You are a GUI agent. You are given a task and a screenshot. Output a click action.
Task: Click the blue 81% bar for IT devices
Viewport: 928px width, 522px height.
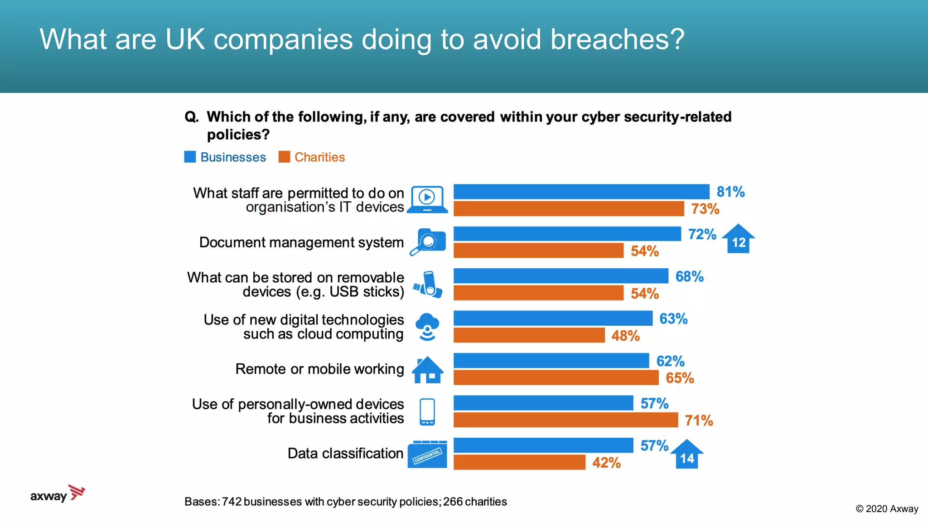tap(581, 192)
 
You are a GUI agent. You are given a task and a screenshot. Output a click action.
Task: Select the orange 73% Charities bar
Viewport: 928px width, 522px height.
tap(568, 209)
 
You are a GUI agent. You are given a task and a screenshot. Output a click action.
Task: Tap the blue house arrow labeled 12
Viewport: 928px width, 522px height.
tap(738, 239)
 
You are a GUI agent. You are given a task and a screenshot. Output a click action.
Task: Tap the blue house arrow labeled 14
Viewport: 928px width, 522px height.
tap(686, 455)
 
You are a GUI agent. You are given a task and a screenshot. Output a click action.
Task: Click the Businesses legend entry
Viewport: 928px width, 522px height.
tap(225, 157)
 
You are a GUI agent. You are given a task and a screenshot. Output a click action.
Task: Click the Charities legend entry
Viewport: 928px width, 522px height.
tap(312, 157)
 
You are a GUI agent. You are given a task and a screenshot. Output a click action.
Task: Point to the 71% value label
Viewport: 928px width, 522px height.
tap(698, 420)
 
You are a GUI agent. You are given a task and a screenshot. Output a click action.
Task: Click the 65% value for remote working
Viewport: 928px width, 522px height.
tap(679, 378)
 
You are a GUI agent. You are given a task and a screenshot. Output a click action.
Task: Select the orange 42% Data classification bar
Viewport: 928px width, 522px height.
tap(519, 463)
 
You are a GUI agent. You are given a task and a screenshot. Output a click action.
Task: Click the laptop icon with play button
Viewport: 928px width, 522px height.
tap(427, 199)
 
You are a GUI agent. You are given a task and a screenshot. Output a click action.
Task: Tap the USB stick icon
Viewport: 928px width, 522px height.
tap(427, 285)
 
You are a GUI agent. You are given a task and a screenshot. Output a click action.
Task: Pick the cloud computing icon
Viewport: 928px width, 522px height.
tap(427, 327)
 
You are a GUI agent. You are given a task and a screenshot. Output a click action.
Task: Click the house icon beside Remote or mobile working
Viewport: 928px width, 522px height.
tap(427, 370)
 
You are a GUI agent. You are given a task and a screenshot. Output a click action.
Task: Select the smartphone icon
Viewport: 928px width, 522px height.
tap(427, 411)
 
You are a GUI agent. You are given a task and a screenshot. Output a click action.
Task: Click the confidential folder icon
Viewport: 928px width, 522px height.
tap(427, 454)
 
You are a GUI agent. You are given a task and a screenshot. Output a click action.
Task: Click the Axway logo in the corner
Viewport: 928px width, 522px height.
tap(58, 494)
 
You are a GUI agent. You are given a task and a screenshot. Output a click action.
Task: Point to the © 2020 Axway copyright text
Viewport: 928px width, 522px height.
tap(886, 509)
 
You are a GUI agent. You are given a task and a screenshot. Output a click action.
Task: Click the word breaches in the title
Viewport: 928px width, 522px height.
tap(617, 39)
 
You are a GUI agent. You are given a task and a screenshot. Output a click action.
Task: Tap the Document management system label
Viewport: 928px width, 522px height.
tap(301, 242)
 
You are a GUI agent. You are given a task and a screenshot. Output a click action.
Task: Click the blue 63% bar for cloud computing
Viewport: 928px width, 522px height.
tap(553, 319)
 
